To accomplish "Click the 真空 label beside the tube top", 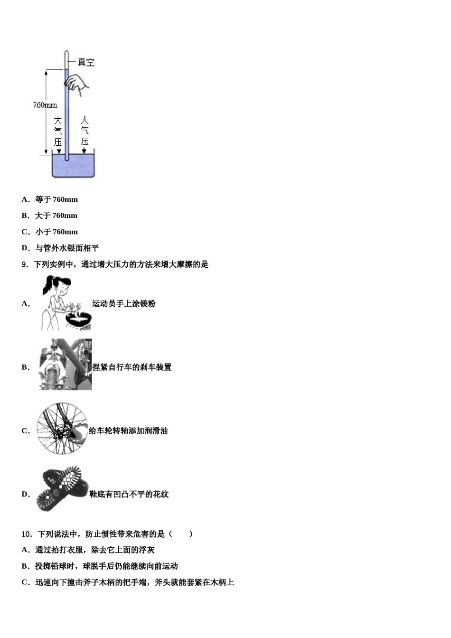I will click(86, 62).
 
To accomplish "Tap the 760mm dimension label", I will click(45, 105).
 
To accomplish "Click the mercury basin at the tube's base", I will click(73, 166).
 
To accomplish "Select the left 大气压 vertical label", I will click(57, 131).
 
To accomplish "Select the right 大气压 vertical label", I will click(85, 131).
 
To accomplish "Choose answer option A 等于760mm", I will click(50, 199).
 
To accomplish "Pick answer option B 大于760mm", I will click(50, 216).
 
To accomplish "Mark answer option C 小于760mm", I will click(50, 232).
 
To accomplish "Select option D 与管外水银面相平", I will click(60, 248).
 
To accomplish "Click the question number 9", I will click(25, 264).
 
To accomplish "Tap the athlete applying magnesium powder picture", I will click(66, 303).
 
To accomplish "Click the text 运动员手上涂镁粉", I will click(123, 304).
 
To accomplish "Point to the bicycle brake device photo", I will click(66, 365).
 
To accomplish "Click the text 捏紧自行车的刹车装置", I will click(132, 367).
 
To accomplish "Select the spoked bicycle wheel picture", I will click(62, 429).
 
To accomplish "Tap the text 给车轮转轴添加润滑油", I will click(128, 431).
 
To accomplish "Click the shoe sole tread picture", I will click(62, 489).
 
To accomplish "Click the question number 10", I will click(27, 534).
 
